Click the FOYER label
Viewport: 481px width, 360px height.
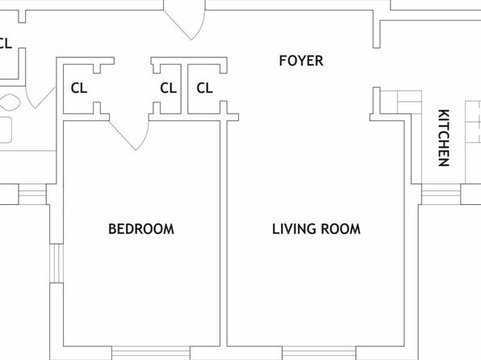click(x=301, y=61)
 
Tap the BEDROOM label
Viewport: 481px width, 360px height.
click(x=141, y=229)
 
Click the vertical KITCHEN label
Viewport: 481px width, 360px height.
click(x=444, y=138)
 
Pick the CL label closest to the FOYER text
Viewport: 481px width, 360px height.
click(x=205, y=88)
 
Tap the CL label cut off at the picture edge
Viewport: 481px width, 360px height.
click(x=6, y=44)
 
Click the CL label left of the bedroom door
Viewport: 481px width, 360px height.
click(x=79, y=88)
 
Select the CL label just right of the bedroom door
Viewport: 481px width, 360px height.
click(x=168, y=88)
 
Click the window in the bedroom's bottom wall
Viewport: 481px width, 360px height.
click(x=151, y=353)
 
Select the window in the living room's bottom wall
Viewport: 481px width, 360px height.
click(x=319, y=353)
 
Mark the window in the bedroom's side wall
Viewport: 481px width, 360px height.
click(x=56, y=263)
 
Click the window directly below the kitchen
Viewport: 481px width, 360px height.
click(x=441, y=195)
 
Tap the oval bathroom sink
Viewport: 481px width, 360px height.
click(x=10, y=103)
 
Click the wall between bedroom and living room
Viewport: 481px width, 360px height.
click(x=224, y=233)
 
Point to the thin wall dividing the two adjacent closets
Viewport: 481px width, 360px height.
click(x=184, y=89)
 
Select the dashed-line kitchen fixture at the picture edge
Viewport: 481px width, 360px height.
click(x=473, y=142)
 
